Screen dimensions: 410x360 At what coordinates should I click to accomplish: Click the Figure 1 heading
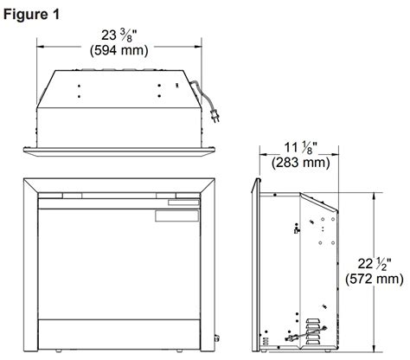click(32, 15)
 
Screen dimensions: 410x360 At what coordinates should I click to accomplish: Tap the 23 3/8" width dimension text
click(119, 36)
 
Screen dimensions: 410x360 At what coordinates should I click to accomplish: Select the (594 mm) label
click(119, 50)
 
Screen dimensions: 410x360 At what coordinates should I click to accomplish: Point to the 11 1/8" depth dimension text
click(301, 148)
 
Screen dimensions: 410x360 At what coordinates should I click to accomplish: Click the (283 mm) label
click(301, 163)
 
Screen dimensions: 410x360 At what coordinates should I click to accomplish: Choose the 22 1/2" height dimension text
click(375, 264)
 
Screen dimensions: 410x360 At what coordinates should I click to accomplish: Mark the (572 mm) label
click(375, 279)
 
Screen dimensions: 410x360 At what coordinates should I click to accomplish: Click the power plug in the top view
click(215, 116)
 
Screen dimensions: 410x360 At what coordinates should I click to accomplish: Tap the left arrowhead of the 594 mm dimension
click(41, 47)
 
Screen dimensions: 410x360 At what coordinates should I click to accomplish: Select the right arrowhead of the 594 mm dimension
click(198, 47)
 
